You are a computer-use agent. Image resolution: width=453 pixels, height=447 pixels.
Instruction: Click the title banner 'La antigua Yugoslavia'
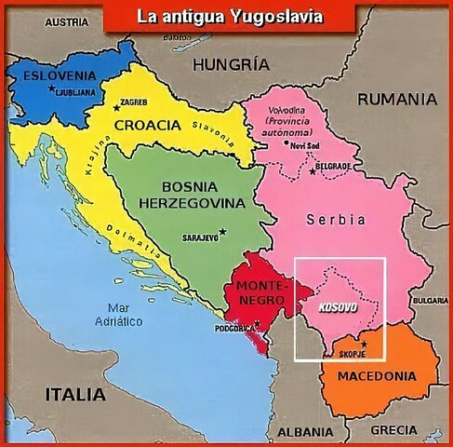[229, 16]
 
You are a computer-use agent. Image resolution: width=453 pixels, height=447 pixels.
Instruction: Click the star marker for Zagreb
[117, 108]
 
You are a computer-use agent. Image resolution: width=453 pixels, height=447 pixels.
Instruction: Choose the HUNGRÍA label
[232, 64]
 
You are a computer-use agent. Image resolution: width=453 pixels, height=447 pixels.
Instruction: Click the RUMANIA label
[397, 98]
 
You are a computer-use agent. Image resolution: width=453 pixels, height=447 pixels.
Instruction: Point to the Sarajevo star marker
[222, 231]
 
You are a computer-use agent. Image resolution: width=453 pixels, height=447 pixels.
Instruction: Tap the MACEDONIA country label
[375, 377]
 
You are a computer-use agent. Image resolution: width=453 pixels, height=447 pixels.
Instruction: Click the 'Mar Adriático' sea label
[118, 314]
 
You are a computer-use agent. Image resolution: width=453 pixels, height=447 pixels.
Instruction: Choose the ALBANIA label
[305, 432]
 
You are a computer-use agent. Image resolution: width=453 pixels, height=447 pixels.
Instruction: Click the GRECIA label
[393, 429]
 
